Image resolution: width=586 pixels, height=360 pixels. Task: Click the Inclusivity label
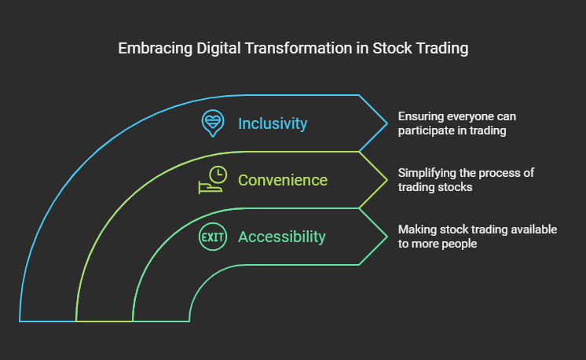(273, 123)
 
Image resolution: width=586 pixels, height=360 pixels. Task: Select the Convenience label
(283, 180)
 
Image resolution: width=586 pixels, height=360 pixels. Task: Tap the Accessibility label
(282, 237)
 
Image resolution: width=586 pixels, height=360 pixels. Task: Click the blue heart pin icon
(213, 123)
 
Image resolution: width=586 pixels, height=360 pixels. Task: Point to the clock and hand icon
(213, 180)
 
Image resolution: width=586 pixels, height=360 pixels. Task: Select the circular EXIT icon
(213, 237)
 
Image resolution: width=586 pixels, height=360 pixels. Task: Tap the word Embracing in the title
(155, 49)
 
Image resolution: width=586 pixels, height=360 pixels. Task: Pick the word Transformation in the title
(298, 48)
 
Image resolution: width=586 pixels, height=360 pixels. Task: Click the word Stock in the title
(392, 48)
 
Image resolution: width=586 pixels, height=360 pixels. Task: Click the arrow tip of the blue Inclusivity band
(387, 123)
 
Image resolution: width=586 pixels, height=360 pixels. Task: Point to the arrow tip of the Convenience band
(387, 180)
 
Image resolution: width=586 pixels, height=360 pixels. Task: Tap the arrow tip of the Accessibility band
(387, 237)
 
